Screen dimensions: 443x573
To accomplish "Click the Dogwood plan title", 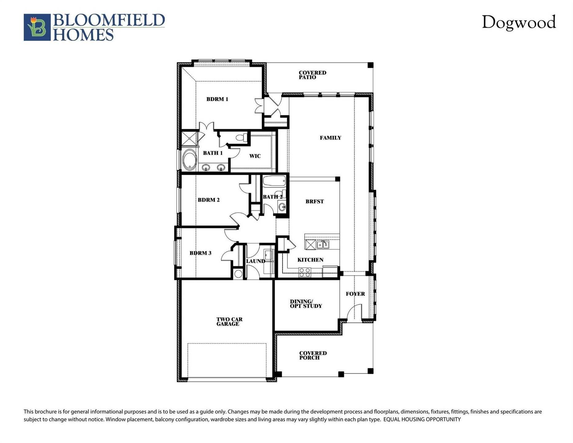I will tap(519, 22).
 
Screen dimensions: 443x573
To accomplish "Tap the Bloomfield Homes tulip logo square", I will tap(37, 27).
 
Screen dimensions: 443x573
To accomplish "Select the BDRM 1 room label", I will tap(217, 99).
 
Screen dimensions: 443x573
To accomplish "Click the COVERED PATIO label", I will tap(312, 75).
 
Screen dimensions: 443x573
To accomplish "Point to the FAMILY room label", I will tap(330, 138).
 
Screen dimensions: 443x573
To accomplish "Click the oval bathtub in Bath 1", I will tap(189, 160).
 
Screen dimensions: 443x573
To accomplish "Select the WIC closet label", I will tap(255, 156).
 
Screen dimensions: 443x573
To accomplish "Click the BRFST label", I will tap(314, 202).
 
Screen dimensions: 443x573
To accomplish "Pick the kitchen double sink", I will tap(323, 245).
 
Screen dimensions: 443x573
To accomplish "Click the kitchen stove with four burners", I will tap(305, 272).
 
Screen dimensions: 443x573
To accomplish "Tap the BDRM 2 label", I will tap(208, 200).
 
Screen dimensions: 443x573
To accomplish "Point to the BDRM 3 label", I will tap(200, 253).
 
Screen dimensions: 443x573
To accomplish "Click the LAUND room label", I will tap(255, 261).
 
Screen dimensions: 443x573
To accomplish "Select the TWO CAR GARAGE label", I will tap(229, 321).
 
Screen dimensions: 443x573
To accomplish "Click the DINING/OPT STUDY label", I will tap(306, 304).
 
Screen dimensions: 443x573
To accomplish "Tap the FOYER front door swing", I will tap(354, 312).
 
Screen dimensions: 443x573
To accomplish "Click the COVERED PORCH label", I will tap(313, 355).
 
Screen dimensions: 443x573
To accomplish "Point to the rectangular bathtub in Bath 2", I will tap(274, 181).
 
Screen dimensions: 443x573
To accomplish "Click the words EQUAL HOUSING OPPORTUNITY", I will tap(422, 419).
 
